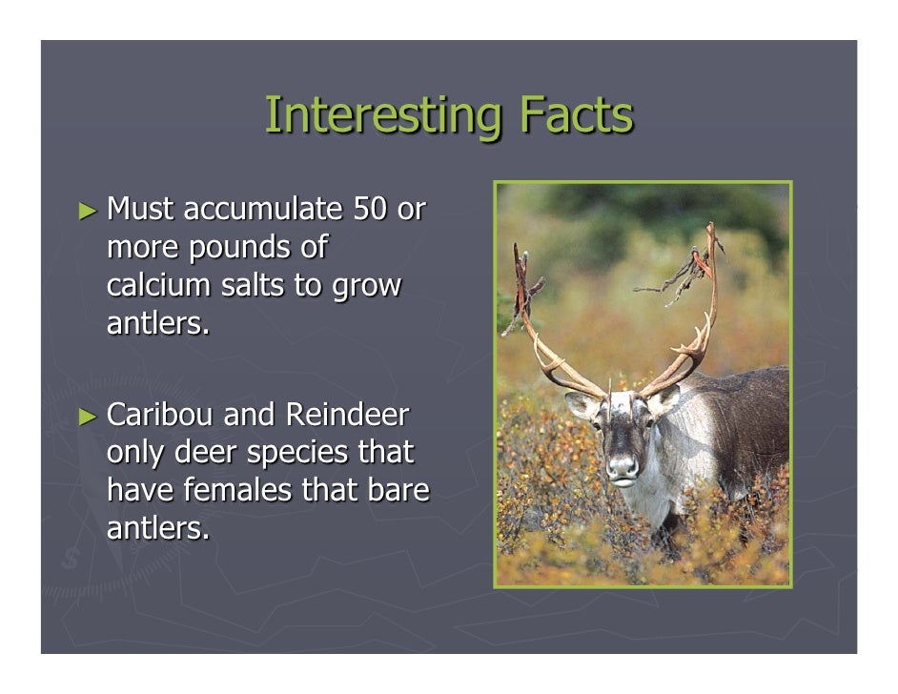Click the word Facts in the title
[x=576, y=116]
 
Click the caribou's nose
[x=622, y=466]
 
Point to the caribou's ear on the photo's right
[x=664, y=398]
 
